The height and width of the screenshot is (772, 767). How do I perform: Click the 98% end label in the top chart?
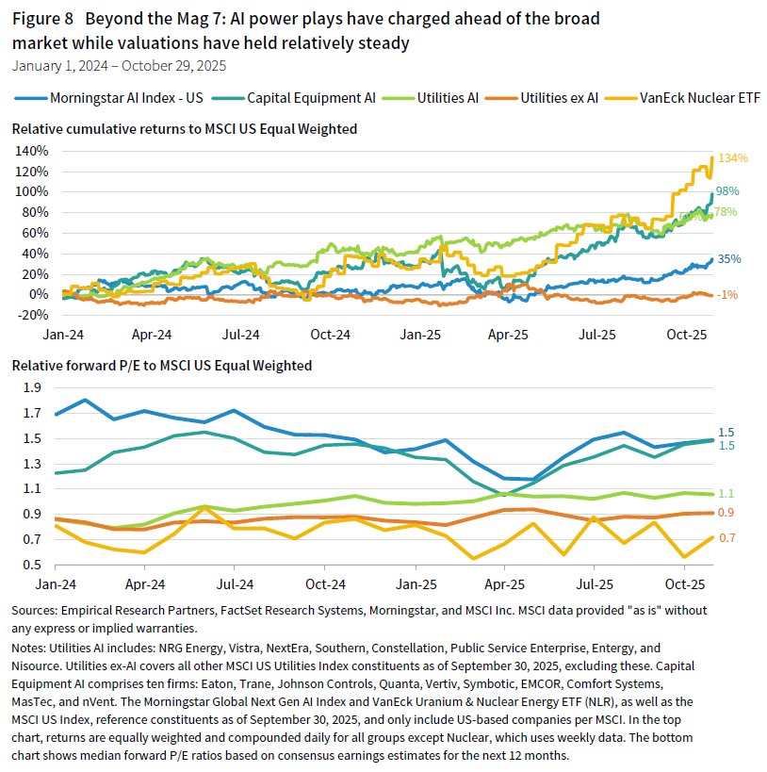tap(727, 191)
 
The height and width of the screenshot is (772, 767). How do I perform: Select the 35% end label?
tap(728, 258)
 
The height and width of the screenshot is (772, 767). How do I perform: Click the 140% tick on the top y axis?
tap(32, 151)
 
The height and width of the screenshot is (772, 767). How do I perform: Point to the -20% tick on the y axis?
tap(32, 315)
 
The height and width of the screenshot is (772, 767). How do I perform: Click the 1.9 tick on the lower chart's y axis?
tap(32, 386)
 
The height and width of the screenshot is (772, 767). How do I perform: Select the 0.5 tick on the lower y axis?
tap(32, 565)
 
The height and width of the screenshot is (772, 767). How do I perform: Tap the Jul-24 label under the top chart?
tap(242, 335)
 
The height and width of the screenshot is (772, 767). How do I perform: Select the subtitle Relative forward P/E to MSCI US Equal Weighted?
tap(161, 366)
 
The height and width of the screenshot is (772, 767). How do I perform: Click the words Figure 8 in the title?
tap(42, 18)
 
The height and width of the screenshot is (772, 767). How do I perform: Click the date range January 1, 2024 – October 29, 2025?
tap(119, 66)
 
